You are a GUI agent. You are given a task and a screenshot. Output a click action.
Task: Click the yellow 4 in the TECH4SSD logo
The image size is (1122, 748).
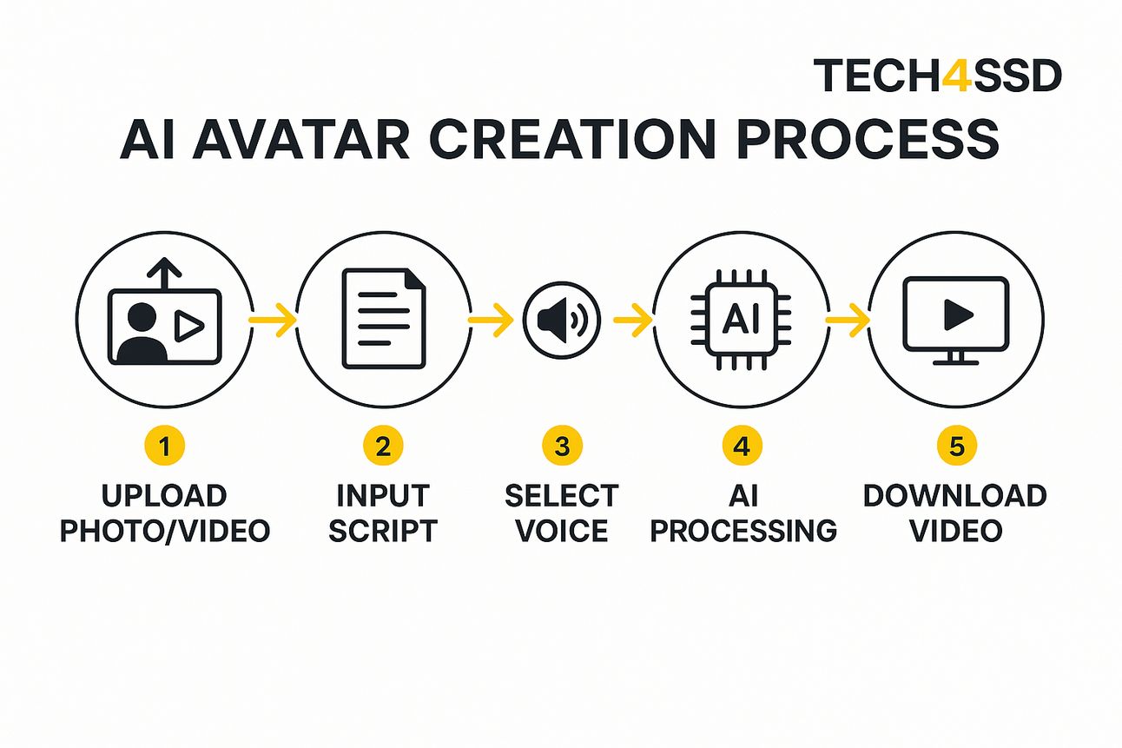pyautogui.click(x=957, y=76)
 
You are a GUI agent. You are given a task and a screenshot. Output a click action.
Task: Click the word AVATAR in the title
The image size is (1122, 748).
pyautogui.click(x=301, y=140)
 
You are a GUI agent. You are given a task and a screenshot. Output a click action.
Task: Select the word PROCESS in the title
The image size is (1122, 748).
pyautogui.click(x=868, y=140)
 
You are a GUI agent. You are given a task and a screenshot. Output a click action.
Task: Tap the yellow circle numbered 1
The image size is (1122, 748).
pyautogui.click(x=164, y=446)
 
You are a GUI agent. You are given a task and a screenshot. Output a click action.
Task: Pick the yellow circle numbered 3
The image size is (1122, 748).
pyautogui.click(x=562, y=446)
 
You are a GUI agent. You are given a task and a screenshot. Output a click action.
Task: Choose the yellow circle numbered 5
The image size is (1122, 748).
pyautogui.click(x=957, y=446)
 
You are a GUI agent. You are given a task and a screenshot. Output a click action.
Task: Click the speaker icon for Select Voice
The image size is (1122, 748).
pyautogui.click(x=562, y=321)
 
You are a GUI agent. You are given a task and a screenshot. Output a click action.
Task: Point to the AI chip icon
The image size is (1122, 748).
pyautogui.click(x=741, y=320)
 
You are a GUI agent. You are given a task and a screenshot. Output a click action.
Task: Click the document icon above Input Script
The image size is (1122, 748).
pyautogui.click(x=384, y=319)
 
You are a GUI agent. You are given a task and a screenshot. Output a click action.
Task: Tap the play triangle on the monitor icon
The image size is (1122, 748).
pyautogui.click(x=957, y=315)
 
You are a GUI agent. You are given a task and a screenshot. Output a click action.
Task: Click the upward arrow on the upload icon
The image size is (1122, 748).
pyautogui.click(x=164, y=274)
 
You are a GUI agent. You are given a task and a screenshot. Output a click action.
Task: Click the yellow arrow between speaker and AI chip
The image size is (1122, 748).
pyautogui.click(x=632, y=320)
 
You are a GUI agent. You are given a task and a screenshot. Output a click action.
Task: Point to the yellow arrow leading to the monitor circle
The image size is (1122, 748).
pyautogui.click(x=848, y=320)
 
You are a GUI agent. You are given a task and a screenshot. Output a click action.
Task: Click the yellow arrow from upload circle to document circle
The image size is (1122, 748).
pyautogui.click(x=273, y=320)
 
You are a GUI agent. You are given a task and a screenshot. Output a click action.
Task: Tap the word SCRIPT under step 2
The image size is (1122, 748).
pyautogui.click(x=383, y=531)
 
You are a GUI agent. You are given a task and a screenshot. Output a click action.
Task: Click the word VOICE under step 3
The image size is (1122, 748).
pyautogui.click(x=562, y=531)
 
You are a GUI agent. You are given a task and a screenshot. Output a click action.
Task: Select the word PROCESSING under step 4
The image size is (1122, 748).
pyautogui.click(x=743, y=531)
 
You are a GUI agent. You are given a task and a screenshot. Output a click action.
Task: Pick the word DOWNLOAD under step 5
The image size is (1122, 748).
pyautogui.click(x=955, y=496)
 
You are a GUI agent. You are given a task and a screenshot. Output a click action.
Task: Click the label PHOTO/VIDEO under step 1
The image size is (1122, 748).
pyautogui.click(x=165, y=531)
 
